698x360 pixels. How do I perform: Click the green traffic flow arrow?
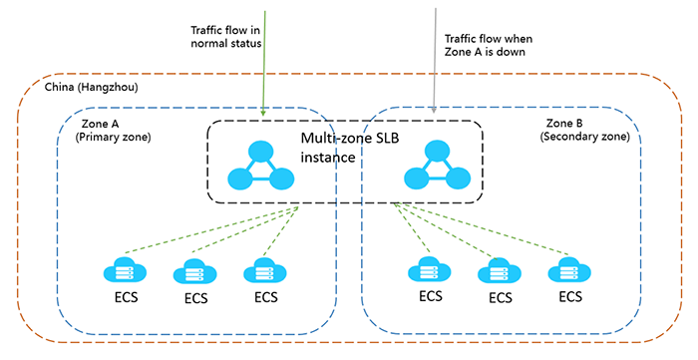263,60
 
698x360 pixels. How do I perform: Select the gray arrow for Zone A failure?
435,60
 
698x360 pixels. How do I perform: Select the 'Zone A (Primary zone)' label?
114,129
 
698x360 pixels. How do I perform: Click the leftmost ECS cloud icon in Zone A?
123,271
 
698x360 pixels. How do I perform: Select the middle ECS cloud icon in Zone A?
193,272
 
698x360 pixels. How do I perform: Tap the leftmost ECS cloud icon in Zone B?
429,270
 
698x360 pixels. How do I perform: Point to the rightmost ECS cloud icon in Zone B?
568,270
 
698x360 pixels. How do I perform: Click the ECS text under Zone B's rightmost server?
569,297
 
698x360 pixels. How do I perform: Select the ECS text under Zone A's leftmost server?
123,297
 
